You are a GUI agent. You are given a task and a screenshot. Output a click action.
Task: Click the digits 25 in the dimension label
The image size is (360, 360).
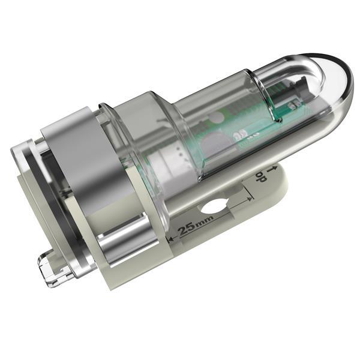pyautogui.click(x=184, y=230)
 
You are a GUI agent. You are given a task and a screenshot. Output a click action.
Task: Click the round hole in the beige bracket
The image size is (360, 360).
pyautogui.click(x=214, y=207)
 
